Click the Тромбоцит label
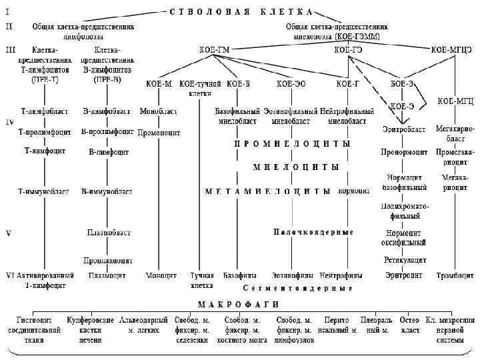tap(455, 275)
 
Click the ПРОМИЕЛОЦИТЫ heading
tap(292, 143)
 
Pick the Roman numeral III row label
tap(9, 49)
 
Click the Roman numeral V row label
tap(8, 233)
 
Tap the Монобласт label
tap(158, 111)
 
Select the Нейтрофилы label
tap(341, 275)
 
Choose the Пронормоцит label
tap(404, 152)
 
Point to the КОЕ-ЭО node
tap(291, 84)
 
